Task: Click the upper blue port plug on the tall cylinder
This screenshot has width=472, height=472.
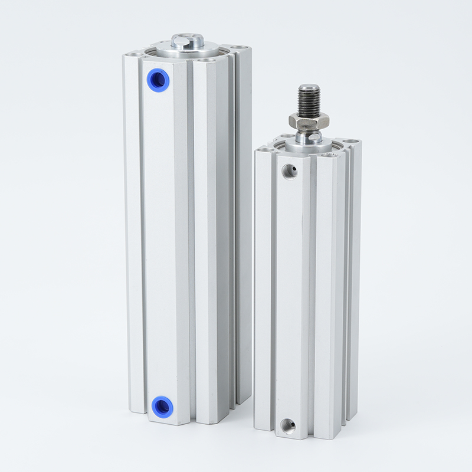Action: click(159, 78)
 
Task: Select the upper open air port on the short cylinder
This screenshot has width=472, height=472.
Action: click(289, 172)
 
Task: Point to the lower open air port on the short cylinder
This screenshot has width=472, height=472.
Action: click(289, 424)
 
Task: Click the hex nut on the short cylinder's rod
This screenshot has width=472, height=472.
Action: click(309, 121)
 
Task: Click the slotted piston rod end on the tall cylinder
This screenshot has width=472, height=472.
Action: click(188, 41)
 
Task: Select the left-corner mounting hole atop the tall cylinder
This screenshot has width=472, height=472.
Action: click(136, 54)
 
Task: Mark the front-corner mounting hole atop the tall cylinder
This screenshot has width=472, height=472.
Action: click(206, 60)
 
